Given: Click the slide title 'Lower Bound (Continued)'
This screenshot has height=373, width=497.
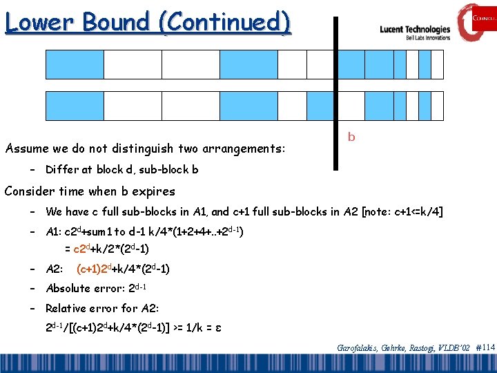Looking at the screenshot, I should pyautogui.click(x=147, y=22).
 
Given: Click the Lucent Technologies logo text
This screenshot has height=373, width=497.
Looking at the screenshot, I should pyautogui.click(x=415, y=30).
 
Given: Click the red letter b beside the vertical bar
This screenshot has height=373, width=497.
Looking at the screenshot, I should pyautogui.click(x=351, y=137).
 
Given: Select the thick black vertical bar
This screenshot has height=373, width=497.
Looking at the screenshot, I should pyautogui.click(x=336, y=93).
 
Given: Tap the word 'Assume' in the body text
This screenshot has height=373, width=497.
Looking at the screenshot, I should pyautogui.click(x=26, y=149).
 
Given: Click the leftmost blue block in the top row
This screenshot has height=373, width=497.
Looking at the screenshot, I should pyautogui.click(x=75, y=64).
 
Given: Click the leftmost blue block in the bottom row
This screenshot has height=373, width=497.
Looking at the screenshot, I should pyautogui.click(x=75, y=106).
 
